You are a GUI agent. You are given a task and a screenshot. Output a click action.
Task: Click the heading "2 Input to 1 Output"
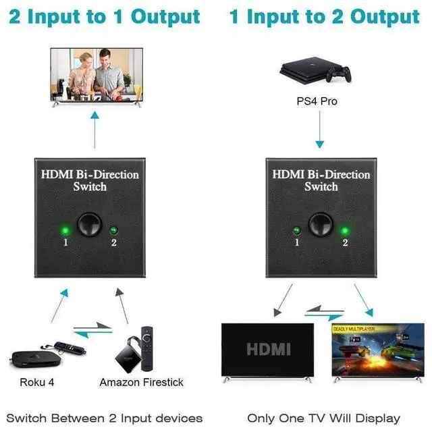pyautogui.click(x=105, y=17)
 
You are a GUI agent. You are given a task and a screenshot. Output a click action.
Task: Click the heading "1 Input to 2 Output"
pyautogui.click(x=326, y=17)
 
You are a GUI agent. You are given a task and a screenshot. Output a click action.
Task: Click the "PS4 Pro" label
pyautogui.click(x=317, y=101)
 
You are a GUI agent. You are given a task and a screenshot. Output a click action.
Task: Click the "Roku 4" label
pyautogui.click(x=38, y=382)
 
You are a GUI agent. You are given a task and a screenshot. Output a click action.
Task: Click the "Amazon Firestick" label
pyautogui.click(x=141, y=382)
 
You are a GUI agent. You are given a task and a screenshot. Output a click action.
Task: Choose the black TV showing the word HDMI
pyautogui.click(x=268, y=348)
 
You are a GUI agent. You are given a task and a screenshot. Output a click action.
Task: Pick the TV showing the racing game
pyautogui.click(x=368, y=348)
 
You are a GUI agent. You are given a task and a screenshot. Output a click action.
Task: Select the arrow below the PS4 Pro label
pyautogui.click(x=320, y=132)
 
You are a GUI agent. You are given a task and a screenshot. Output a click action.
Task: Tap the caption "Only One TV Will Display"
pyautogui.click(x=323, y=418)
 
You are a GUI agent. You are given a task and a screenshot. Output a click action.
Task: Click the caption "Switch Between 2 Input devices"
pyautogui.click(x=105, y=418)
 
